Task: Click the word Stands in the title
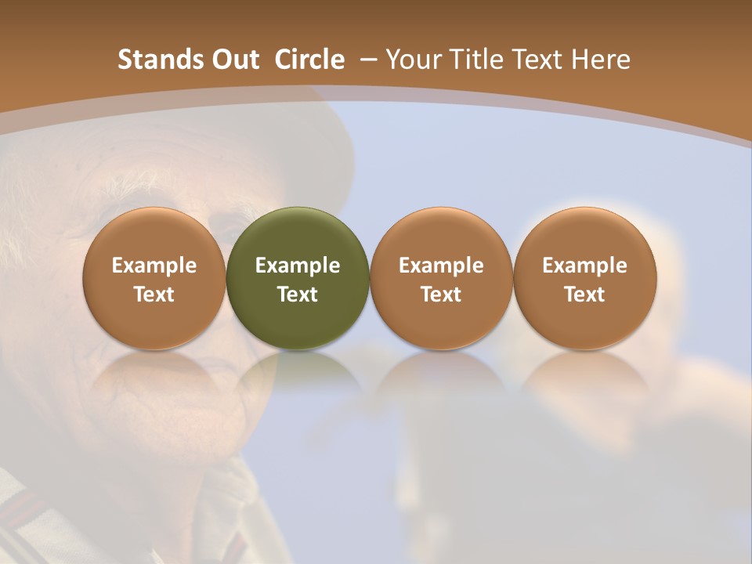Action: coord(154,60)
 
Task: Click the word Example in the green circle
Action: coord(298,266)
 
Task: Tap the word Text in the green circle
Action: coord(298,295)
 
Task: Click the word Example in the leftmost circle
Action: coord(154,266)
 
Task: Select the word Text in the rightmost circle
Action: coord(584,295)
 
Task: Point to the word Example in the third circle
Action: coord(441,266)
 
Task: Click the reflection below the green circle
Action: coord(298,376)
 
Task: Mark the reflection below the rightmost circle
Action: coord(584,376)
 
